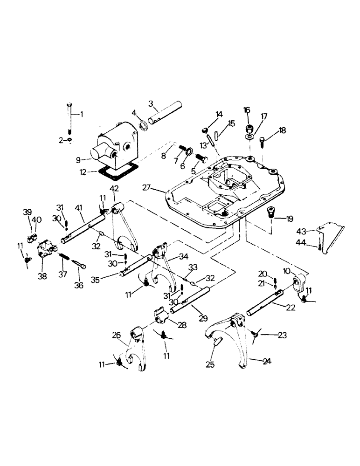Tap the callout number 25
point(210,365)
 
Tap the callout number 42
point(114,188)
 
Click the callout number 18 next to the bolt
point(283,131)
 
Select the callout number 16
point(247,110)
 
